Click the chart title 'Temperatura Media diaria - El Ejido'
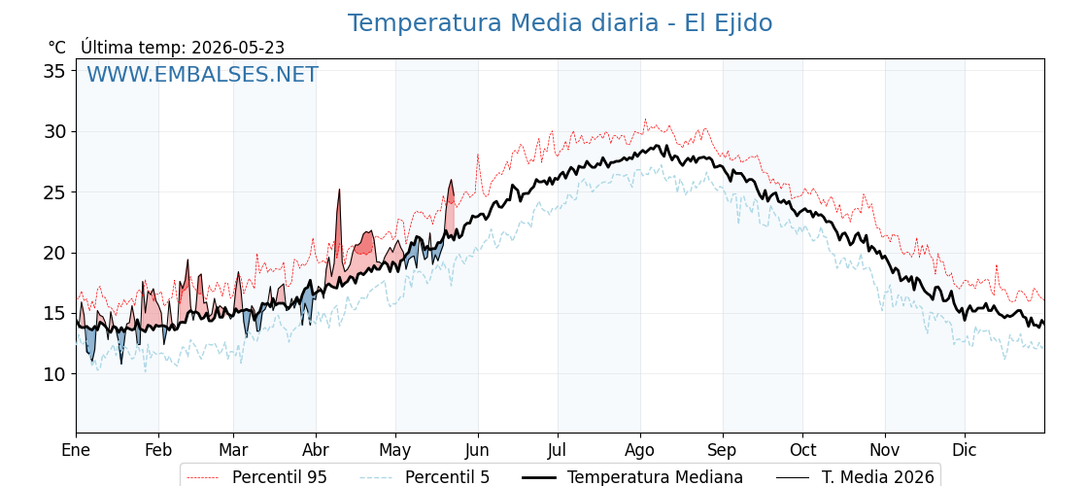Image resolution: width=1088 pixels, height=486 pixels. [x=560, y=23]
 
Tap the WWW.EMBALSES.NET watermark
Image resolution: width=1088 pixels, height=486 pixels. [x=202, y=74]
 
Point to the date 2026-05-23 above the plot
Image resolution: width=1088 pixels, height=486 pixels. [x=237, y=48]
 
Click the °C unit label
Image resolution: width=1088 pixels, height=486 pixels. [x=57, y=48]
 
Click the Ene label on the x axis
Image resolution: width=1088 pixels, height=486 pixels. [x=77, y=450]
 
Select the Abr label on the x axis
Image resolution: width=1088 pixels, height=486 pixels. [x=316, y=450]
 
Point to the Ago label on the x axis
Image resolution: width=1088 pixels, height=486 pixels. [x=640, y=450]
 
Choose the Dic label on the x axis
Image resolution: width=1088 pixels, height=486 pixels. [x=965, y=450]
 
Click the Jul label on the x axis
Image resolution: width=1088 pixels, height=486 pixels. [x=558, y=450]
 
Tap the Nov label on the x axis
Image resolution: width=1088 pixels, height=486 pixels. [x=885, y=450]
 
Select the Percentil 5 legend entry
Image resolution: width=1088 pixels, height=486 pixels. [x=425, y=477]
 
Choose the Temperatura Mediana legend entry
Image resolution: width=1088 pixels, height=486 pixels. [x=630, y=477]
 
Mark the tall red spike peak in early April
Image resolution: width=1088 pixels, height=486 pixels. [x=339, y=190]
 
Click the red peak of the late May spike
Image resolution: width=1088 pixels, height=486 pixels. [x=451, y=181]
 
